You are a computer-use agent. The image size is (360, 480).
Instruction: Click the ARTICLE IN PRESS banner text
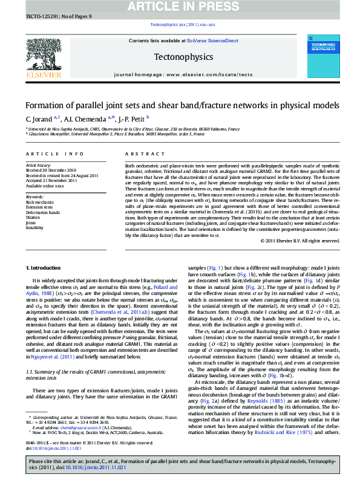pos(180,7)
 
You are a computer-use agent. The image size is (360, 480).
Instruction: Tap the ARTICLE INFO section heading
pos(45,154)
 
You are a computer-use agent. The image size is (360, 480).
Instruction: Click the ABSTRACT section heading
pos(137,154)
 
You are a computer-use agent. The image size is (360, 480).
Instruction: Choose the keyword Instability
pos(34,228)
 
